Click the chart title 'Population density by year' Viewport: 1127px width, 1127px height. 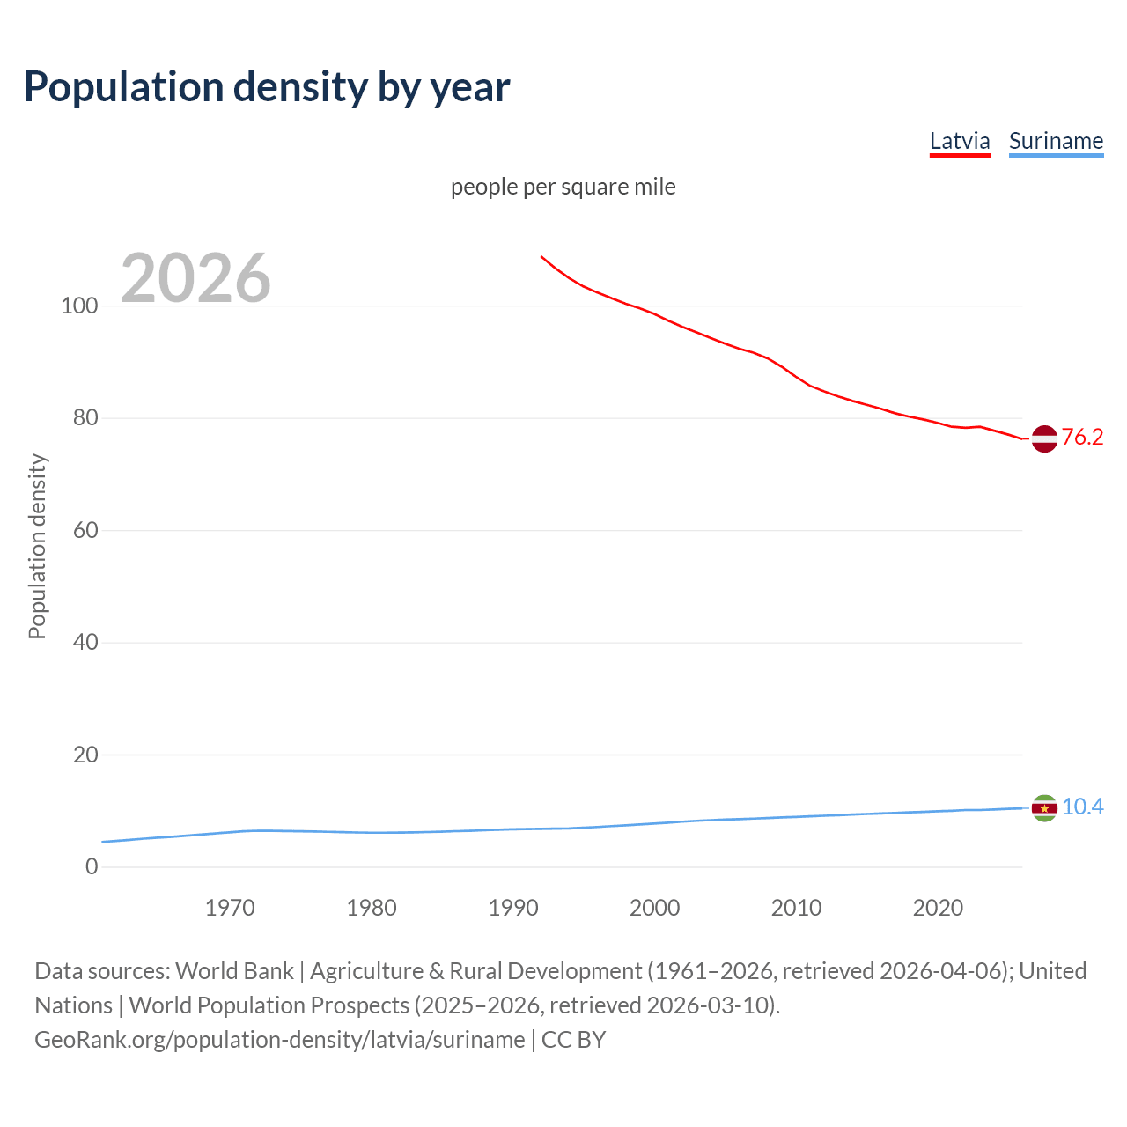coord(267,87)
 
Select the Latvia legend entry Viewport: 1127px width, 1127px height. coord(960,141)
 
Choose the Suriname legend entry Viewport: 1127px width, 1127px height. coord(1056,141)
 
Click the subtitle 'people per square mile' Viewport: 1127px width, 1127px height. coord(563,187)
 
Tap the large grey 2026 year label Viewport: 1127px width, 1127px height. coord(195,278)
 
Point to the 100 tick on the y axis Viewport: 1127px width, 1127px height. coord(79,306)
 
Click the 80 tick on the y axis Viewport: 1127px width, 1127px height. coord(85,418)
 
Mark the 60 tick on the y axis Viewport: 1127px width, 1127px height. coord(85,530)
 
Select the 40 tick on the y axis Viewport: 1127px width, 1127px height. coord(85,642)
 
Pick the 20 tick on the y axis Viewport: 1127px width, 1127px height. coord(85,755)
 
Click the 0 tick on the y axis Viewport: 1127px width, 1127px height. coord(92,866)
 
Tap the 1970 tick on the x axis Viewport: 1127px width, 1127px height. coord(230,908)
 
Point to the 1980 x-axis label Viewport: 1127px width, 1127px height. coord(372,908)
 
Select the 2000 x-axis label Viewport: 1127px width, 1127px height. coord(654,908)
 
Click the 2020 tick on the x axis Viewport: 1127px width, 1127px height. coord(938,908)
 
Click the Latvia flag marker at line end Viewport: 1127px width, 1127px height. coord(1044,438)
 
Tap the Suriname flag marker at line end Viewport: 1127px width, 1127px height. coord(1044,807)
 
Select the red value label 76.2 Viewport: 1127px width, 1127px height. coord(1082,438)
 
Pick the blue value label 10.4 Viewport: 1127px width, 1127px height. coord(1082,807)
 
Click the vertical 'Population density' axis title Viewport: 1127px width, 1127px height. coord(37,546)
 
